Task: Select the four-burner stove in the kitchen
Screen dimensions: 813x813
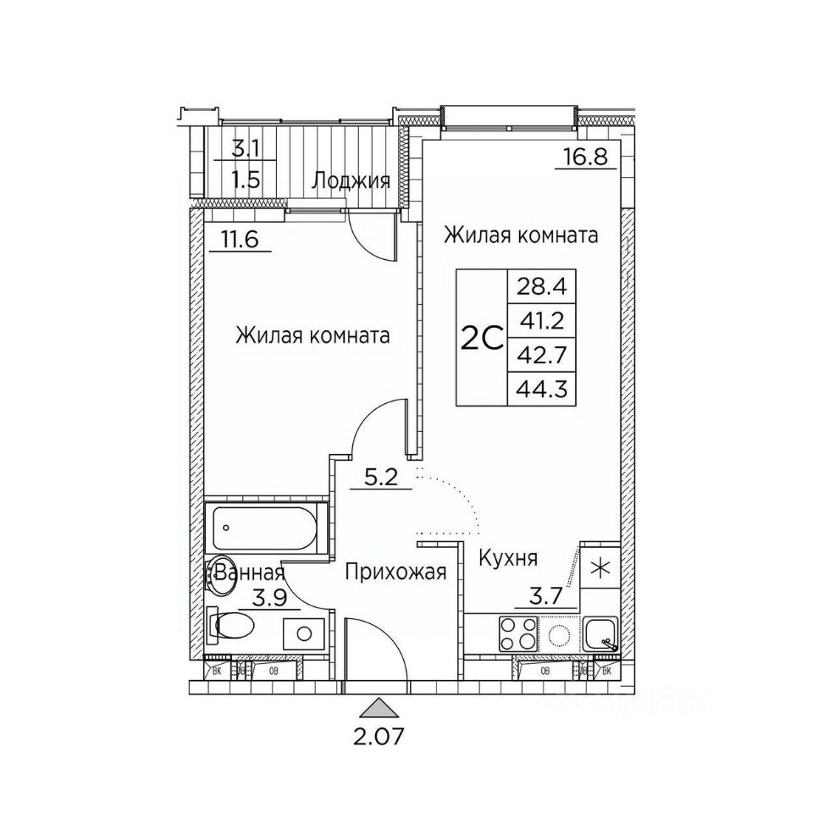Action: coord(518,633)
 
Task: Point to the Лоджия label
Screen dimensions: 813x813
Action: coord(351,180)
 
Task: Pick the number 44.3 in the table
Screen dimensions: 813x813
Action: coord(540,389)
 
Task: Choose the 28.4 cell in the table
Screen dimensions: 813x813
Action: coord(540,286)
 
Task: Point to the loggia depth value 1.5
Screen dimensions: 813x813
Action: coord(247,181)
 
